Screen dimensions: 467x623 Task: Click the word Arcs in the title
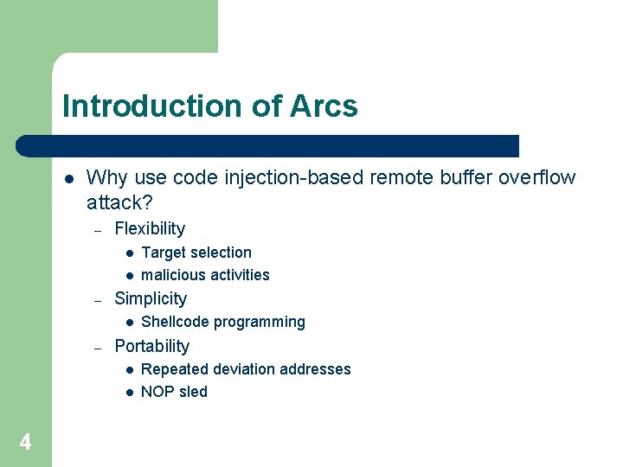pyautogui.click(x=324, y=106)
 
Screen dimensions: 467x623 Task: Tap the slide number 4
pyautogui.click(x=25, y=443)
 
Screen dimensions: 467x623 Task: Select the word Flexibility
pyautogui.click(x=150, y=228)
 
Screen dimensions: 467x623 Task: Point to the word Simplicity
pyautogui.click(x=151, y=298)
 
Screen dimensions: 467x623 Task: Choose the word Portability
pyautogui.click(x=151, y=346)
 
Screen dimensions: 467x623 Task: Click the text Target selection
pyautogui.click(x=196, y=253)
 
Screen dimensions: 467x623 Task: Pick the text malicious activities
pyautogui.click(x=205, y=275)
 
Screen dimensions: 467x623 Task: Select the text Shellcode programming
pyautogui.click(x=223, y=322)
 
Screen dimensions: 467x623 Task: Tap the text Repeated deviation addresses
pyautogui.click(x=246, y=369)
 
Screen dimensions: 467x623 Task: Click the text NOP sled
pyautogui.click(x=174, y=392)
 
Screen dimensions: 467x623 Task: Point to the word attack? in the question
pyautogui.click(x=119, y=202)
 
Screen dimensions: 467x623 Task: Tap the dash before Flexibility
pyautogui.click(x=99, y=230)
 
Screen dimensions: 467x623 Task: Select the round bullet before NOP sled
pyautogui.click(x=127, y=393)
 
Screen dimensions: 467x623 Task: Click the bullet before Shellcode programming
pyautogui.click(x=127, y=323)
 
